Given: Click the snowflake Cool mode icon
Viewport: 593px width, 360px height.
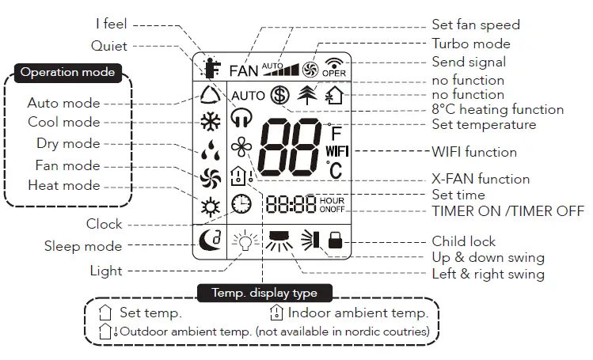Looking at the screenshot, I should pos(210,123).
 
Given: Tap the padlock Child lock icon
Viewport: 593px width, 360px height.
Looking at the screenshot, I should pos(336,240).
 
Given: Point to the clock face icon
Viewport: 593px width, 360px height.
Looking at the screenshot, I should pos(241,204).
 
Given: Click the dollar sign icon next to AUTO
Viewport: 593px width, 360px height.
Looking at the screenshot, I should pos(279,94).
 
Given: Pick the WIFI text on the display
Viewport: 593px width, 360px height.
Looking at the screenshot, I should pos(336,150).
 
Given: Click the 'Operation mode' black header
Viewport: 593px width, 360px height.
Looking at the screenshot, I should pos(67,72).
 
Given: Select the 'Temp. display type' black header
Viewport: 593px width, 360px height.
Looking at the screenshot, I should pos(264,293).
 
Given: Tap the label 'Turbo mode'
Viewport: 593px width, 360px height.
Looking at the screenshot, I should pos(470,44).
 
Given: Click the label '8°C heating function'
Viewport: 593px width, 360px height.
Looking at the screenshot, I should pos(497,110).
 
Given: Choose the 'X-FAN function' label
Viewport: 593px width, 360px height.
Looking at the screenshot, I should pos(481,179).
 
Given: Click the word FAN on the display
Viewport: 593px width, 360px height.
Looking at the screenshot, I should pos(244,70).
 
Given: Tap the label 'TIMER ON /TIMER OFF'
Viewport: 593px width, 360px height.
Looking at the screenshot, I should pos(507,210).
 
